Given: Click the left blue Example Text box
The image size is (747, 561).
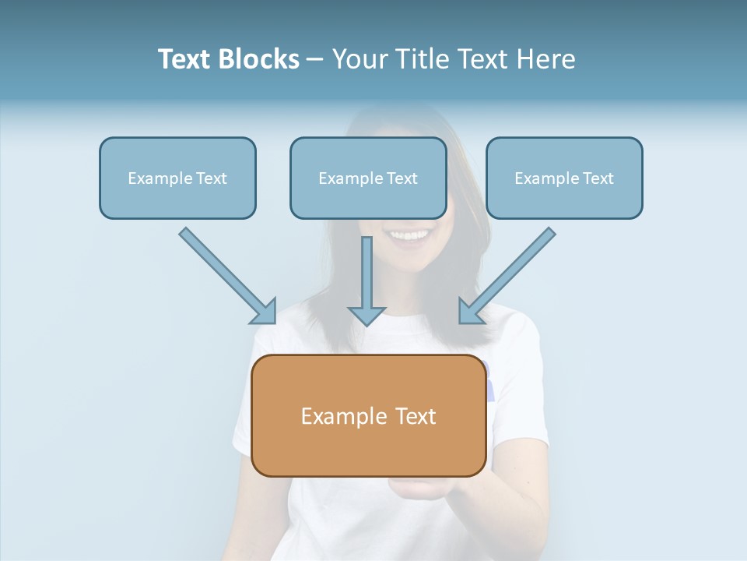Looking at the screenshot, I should coord(177,178).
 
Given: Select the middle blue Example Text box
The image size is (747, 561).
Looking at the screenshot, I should coord(368,178).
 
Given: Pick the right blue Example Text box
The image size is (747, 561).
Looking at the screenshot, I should coord(564,178).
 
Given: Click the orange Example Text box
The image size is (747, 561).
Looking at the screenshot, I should coord(369,415).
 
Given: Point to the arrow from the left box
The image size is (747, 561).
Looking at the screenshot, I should coord(226,273).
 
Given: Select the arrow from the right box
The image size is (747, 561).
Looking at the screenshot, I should coord(509,273).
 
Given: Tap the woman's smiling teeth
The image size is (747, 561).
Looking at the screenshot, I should coord(410,234).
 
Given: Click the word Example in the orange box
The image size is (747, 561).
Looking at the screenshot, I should coord(333,416).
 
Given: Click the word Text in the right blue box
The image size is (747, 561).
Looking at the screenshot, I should coord(598,178).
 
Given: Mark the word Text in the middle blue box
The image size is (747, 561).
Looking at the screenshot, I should coord(402,178).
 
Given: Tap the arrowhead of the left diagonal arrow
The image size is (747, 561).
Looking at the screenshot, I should coord(265,312).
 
